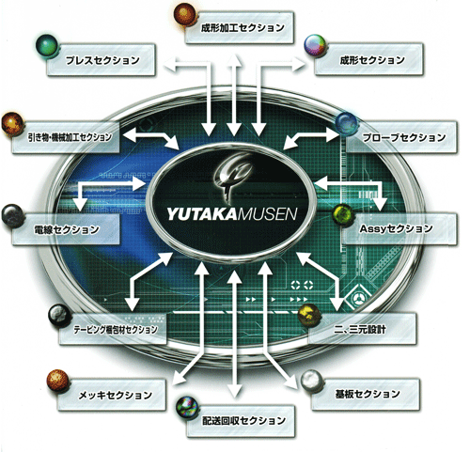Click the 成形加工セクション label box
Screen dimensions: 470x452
tap(240, 27)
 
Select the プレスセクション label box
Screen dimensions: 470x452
tap(101, 59)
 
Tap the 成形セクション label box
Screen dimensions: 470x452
tap(368, 59)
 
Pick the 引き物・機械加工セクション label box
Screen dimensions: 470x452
tap(66, 137)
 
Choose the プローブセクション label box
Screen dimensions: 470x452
tap(401, 137)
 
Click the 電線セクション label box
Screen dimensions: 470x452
tap(66, 229)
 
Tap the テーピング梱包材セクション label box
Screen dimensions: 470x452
tap(113, 329)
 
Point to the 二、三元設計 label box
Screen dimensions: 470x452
tap(363, 329)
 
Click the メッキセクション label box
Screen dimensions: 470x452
tap(112, 395)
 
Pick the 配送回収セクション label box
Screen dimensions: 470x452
tap(241, 421)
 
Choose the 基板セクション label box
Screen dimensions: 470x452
tap(365, 394)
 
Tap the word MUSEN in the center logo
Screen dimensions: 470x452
tap(266, 215)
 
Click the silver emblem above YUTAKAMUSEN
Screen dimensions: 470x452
tap(232, 179)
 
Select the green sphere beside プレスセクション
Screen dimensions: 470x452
tap(47, 46)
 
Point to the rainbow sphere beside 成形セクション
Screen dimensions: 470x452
tap(315, 46)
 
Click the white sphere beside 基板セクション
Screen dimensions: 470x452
tap(312, 381)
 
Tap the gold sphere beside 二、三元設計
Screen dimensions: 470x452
tap(309, 315)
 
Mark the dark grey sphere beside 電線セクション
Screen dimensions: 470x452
tap(13, 216)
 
